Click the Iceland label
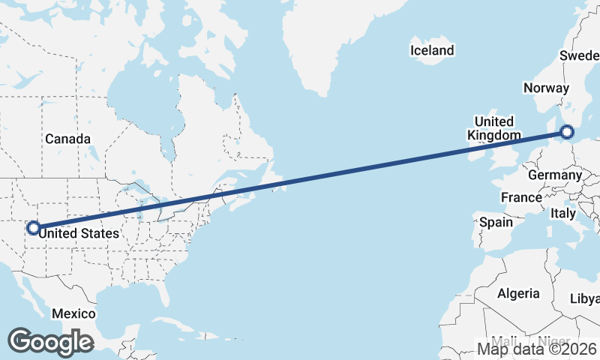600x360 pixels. [432, 50]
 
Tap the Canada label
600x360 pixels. [67, 139]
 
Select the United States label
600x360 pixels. [79, 233]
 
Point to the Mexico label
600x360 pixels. [73, 313]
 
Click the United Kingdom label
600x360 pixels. [493, 128]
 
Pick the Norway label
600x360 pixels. [547, 88]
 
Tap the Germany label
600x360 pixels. [555, 175]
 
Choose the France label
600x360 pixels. [521, 197]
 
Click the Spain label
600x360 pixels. [496, 222]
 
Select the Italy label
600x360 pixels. [563, 213]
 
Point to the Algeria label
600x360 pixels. [518, 293]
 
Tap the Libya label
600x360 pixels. [586, 298]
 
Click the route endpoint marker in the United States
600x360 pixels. [33, 227]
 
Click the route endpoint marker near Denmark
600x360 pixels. [566, 133]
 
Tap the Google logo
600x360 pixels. [51, 342]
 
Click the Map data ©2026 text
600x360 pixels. [537, 349]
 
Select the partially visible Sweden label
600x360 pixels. [579, 56]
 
